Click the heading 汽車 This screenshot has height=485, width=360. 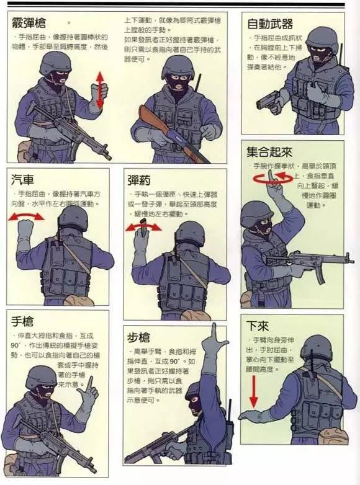[x=24, y=180]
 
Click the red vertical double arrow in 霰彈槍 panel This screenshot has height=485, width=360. [x=99, y=86]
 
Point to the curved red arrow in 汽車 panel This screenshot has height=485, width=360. [x=25, y=216]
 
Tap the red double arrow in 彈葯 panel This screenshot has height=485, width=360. [x=143, y=227]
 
